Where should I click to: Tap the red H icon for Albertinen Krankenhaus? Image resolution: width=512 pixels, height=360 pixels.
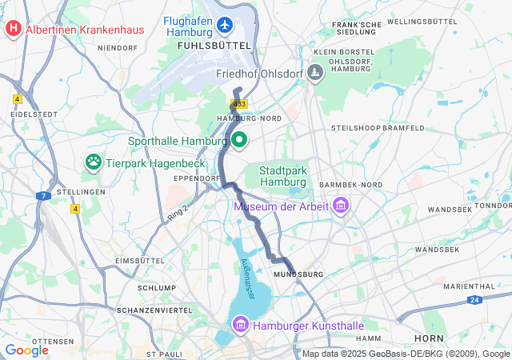click(x=14, y=30)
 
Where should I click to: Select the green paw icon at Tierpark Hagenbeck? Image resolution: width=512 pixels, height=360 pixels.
click(x=94, y=162)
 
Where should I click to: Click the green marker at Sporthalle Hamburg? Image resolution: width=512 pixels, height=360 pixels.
click(x=238, y=141)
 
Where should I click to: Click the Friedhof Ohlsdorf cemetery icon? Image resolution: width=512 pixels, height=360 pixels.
click(x=316, y=74)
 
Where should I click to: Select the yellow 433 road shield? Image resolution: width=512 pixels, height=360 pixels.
click(x=238, y=104)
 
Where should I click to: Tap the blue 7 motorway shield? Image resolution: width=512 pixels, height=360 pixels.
click(x=43, y=195)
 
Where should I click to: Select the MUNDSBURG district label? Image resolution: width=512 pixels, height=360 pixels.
click(x=298, y=274)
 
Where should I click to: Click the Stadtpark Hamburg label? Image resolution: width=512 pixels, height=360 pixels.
click(x=284, y=176)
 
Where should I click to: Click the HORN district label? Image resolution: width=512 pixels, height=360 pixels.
click(x=429, y=338)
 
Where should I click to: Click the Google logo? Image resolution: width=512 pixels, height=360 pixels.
click(x=26, y=350)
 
